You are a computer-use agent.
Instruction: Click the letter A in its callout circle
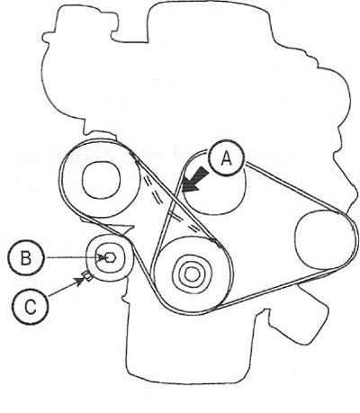[227, 158]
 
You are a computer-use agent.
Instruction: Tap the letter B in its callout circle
[26, 258]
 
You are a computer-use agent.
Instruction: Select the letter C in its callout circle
[31, 307]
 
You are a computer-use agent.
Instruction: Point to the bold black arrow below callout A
[194, 180]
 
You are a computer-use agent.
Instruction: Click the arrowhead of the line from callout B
[103, 257]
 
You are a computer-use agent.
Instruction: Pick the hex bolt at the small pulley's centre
[110, 257]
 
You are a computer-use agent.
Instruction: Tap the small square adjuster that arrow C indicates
[87, 276]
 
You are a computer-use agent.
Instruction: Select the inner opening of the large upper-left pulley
[101, 180]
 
